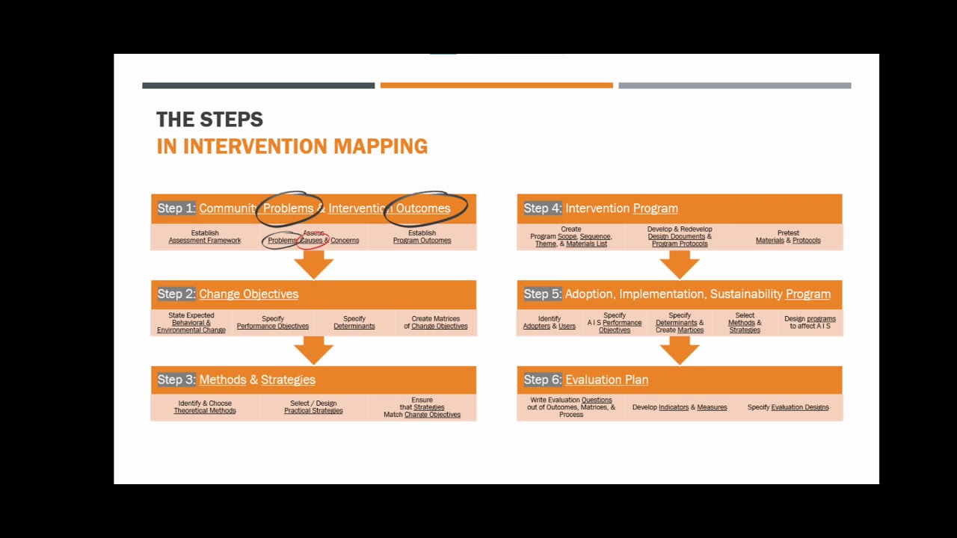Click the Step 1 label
176,208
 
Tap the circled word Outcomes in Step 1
423,208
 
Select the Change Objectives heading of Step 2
248,294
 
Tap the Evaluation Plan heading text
606,380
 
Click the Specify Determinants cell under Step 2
354,322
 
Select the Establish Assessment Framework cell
205,237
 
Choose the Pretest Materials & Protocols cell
788,237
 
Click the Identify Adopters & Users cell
550,322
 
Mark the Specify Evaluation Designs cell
788,407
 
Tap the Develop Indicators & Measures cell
680,407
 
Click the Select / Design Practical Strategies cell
313,407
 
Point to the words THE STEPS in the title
209,120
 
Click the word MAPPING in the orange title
381,146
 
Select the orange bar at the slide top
496,85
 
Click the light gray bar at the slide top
734,85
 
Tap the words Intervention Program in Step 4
621,208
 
